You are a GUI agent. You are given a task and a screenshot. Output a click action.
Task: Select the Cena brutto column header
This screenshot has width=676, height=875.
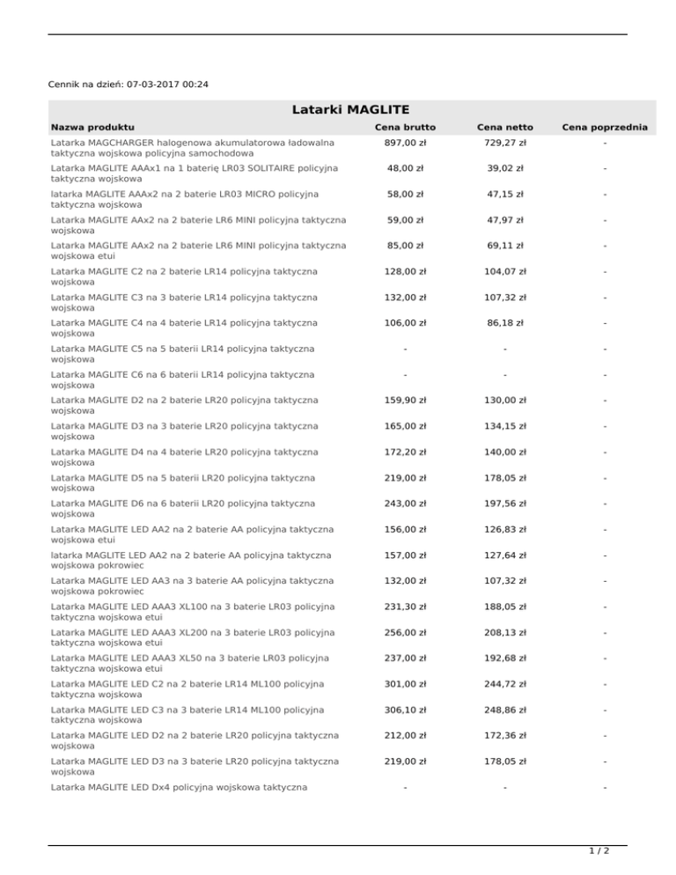point(405,129)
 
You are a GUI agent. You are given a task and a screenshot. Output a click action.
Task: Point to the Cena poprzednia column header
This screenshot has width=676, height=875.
point(605,129)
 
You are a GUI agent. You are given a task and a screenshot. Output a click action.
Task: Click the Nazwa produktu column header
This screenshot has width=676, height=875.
point(92,129)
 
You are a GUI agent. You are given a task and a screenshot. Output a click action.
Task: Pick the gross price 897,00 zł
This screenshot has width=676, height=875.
point(405,143)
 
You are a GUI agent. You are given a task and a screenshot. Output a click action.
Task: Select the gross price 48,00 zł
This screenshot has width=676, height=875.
point(405,168)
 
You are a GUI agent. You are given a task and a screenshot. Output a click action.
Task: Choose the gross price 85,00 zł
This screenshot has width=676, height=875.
point(405,246)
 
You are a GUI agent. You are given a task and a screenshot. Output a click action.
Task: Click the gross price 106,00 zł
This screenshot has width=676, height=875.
point(405,323)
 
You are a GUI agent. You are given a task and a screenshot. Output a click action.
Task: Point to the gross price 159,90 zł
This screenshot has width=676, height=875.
point(405,401)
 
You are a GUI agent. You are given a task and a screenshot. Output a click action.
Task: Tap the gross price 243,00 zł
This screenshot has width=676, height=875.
point(405,504)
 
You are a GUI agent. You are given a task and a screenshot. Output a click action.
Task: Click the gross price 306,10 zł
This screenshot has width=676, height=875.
point(405,710)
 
